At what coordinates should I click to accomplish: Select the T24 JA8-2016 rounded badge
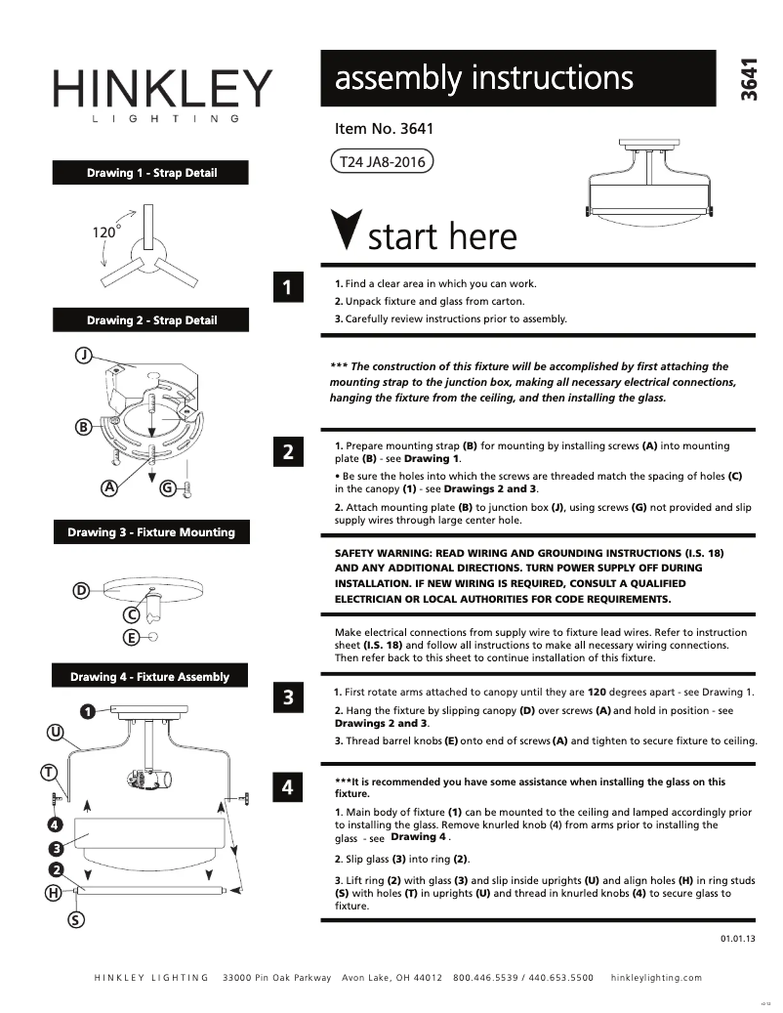click(x=382, y=162)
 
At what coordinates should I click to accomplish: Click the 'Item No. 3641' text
click(x=384, y=128)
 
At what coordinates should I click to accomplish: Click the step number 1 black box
click(x=287, y=287)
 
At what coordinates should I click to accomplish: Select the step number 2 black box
click(x=287, y=452)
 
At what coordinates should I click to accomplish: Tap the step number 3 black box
click(x=287, y=697)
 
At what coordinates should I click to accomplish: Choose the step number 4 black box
click(x=287, y=787)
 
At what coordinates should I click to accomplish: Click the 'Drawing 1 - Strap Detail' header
click(x=151, y=173)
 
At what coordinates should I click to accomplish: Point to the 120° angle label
click(x=105, y=232)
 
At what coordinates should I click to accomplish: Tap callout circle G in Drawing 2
click(x=167, y=486)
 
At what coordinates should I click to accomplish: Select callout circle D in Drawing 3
click(x=82, y=590)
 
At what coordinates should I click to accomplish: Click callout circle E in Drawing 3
click(x=130, y=638)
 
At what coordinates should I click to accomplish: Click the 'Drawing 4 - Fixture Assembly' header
click(x=149, y=677)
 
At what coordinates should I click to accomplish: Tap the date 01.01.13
click(x=738, y=938)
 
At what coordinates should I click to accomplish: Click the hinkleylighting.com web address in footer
click(x=655, y=978)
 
